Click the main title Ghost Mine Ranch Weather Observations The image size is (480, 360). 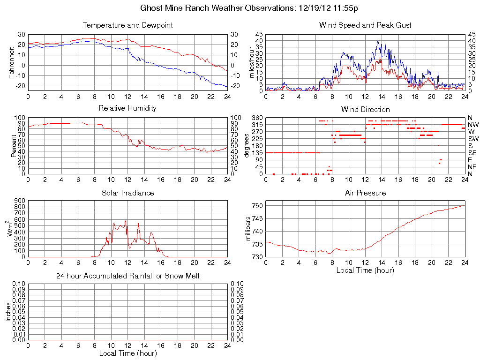coord(250,8)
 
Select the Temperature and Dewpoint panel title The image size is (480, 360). coord(127,25)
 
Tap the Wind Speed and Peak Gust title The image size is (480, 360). coord(365,25)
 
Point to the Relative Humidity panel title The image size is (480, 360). coord(127,108)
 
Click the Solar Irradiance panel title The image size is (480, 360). coord(127,193)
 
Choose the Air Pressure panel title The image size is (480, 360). coord(365,193)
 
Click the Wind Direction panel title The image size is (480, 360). coord(365,109)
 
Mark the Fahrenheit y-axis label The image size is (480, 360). coord(11,62)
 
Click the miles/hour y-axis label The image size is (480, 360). coord(251,62)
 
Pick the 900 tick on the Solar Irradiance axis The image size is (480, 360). coord(19,200)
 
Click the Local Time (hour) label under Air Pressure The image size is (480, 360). coord(365,270)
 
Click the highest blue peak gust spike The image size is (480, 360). coord(378,41)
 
